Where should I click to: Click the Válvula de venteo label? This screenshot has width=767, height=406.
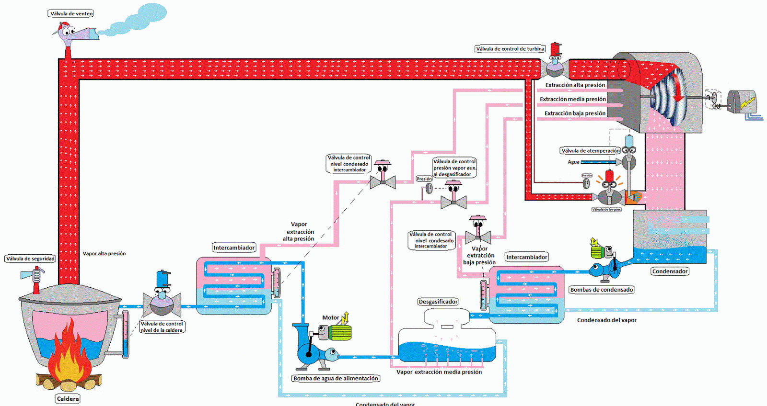(x=71, y=13)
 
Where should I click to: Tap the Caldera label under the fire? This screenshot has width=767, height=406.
(x=68, y=399)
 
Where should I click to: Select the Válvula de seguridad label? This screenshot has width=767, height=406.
(x=30, y=259)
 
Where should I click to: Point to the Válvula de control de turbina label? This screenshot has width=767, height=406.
(x=510, y=49)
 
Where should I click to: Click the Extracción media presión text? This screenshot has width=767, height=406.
(x=572, y=99)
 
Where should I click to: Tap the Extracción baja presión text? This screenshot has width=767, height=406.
(x=575, y=113)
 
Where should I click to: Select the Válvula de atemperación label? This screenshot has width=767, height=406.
(x=590, y=151)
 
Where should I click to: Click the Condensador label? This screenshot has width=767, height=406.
(x=670, y=271)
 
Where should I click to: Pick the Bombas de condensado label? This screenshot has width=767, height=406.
(x=601, y=290)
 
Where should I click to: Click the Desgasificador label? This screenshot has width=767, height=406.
(x=438, y=302)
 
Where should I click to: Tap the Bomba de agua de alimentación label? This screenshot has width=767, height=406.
(x=336, y=378)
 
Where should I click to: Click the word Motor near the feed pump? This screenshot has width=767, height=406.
(x=330, y=317)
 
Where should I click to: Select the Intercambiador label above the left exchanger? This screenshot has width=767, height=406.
(x=234, y=248)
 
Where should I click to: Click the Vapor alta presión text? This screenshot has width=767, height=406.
(x=104, y=254)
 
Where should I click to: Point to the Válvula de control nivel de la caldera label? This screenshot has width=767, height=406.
(x=162, y=327)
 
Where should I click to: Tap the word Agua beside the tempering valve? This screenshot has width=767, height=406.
(x=573, y=162)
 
